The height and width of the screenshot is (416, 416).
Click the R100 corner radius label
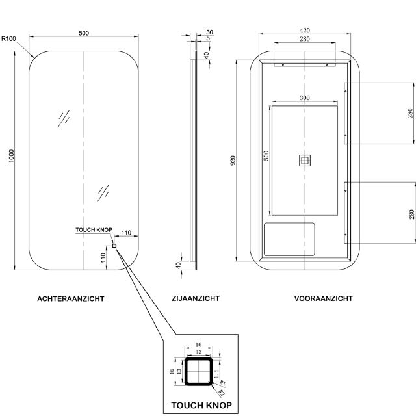click(9, 39)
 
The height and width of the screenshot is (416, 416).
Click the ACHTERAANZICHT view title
click(71, 299)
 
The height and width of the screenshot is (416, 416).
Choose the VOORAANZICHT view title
click(323, 299)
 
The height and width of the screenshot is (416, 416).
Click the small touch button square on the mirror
click(114, 246)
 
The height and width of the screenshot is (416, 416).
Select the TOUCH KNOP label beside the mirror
click(94, 230)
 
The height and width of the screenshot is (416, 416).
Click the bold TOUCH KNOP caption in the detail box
click(201, 405)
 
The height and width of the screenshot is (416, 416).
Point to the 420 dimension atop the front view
click(305, 29)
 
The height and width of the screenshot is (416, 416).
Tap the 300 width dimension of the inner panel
click(304, 97)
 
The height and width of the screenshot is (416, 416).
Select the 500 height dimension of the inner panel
click(265, 156)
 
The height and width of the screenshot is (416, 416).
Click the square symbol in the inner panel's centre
click(305, 161)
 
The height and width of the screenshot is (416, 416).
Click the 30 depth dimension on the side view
click(209, 32)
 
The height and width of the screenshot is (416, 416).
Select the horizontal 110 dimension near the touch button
click(126, 233)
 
